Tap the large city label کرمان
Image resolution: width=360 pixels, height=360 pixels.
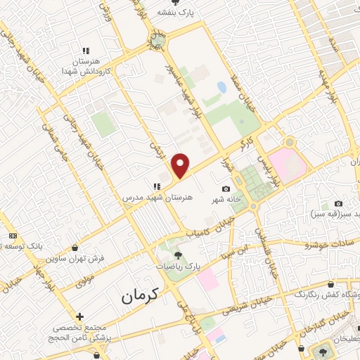(146, 297)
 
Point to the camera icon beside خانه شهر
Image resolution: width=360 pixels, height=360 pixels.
(225, 188)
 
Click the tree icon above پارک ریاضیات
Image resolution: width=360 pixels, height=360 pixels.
(177, 255)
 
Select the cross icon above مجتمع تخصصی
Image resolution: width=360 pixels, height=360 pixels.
(80, 317)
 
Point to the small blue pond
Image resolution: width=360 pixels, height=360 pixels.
(222, 88)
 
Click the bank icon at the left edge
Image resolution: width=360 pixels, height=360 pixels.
(13, 236)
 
